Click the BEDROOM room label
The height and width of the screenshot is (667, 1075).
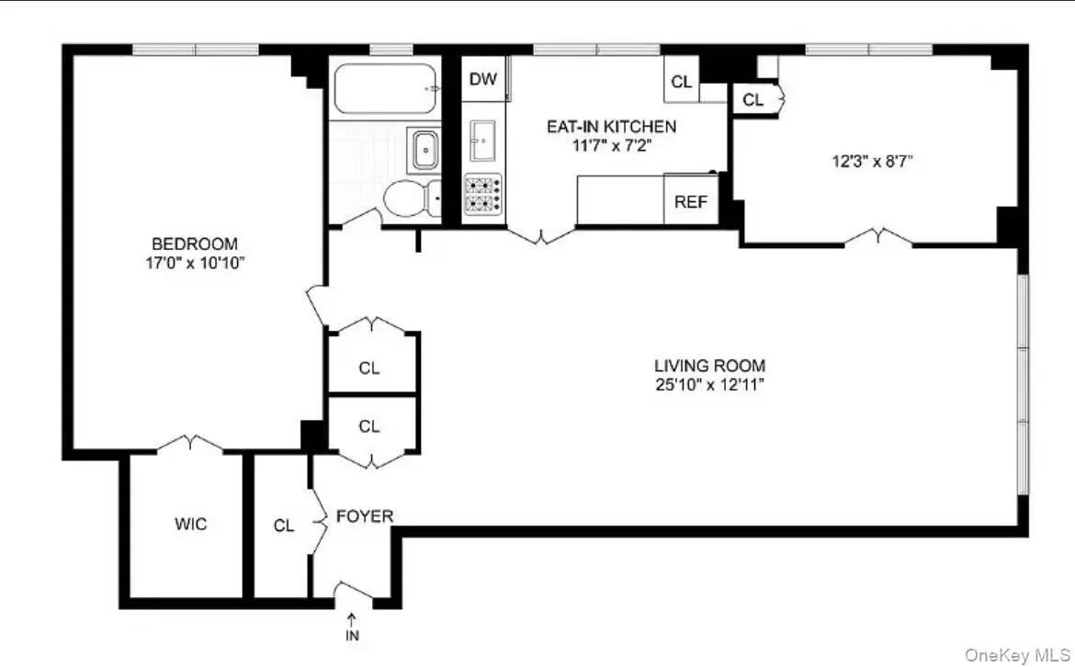(195, 243)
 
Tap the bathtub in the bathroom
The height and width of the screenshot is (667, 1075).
(385, 88)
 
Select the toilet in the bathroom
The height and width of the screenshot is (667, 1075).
(412, 198)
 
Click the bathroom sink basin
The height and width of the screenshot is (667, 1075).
(425, 150)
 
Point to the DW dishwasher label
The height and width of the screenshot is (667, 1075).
(482, 79)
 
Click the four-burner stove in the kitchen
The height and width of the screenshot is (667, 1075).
(482, 194)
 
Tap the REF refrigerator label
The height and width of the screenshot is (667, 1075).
(690, 201)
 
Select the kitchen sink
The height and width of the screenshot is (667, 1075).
(482, 141)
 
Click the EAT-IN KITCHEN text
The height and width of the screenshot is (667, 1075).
(612, 126)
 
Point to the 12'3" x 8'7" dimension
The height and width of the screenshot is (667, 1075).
(872, 162)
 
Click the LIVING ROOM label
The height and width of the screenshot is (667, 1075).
(709, 366)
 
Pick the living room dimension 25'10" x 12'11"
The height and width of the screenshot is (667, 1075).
(709, 385)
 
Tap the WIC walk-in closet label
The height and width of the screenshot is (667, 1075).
(190, 525)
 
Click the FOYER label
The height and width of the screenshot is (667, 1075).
(365, 516)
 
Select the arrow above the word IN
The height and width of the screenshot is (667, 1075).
(352, 620)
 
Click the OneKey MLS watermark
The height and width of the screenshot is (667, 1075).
(1017, 655)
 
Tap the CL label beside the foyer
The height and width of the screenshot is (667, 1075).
(284, 526)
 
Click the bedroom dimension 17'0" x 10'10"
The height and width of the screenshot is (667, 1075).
(195, 263)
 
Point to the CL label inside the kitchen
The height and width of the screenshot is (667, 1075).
(682, 83)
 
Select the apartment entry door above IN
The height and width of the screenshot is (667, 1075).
(354, 591)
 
